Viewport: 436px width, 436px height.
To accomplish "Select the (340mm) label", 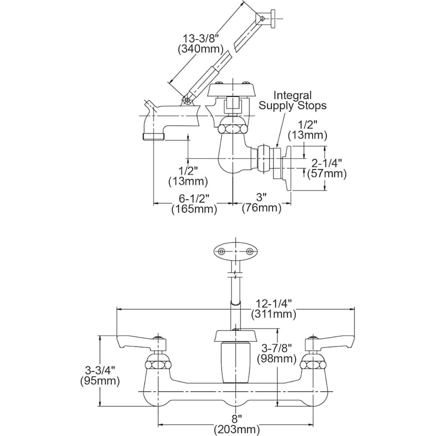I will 200,49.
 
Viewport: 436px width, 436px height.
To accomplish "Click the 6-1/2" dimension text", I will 194,198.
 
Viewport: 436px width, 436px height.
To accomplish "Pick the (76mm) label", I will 262,208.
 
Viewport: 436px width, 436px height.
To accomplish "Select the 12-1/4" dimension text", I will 273,303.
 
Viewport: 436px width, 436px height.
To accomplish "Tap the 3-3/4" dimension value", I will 99,370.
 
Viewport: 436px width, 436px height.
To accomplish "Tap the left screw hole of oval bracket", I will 221,251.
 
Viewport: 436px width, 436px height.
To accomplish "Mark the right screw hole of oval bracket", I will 250,251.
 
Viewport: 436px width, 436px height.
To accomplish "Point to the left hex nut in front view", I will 158,363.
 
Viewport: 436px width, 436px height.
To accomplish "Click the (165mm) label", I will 194,209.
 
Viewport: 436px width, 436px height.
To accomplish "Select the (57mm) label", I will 329,173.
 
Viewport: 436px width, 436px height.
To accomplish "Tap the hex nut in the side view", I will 232,129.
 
